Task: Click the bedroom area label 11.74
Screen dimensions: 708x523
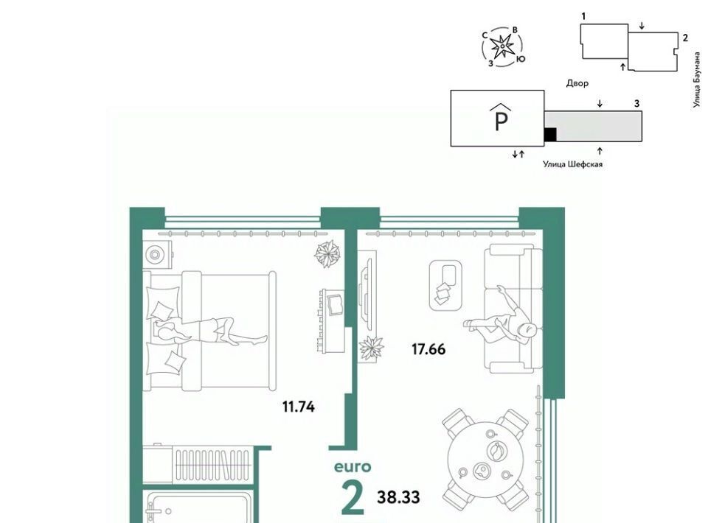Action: click(299, 407)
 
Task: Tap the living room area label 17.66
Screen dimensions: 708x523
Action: click(428, 349)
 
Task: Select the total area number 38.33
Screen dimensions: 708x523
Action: click(399, 496)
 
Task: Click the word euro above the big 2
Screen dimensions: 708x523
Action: click(353, 466)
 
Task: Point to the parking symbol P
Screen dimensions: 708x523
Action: click(502, 117)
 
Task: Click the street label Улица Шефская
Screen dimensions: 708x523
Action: click(572, 164)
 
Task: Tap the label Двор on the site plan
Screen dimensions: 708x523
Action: click(577, 83)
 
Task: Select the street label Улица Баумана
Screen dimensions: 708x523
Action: click(698, 80)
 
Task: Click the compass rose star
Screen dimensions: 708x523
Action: click(502, 46)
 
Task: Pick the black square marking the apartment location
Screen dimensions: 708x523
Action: click(550, 134)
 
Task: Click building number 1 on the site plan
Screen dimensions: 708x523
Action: click(583, 16)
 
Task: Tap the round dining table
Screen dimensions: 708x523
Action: click(485, 460)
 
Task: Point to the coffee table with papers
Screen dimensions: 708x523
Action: click(445, 285)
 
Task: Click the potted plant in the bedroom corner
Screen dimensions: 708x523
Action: click(327, 254)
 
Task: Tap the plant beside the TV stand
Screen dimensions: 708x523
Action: click(371, 348)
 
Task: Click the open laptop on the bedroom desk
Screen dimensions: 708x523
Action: click(335, 304)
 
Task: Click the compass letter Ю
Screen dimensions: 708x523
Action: click(521, 59)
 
